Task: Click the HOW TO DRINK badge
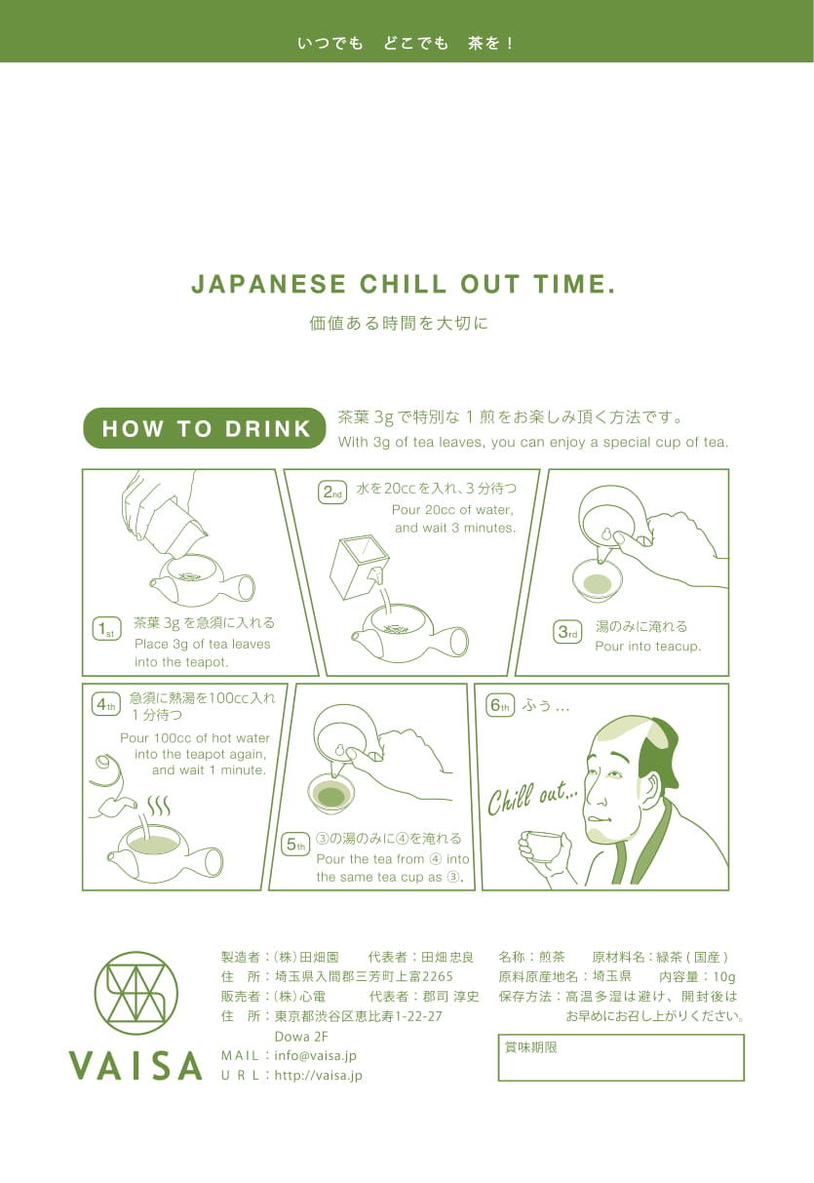click(205, 428)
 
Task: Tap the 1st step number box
click(106, 629)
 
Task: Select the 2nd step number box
click(332, 493)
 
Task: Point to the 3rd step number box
click(567, 632)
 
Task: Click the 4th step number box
click(105, 704)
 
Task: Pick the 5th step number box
click(294, 845)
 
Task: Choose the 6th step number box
click(500, 705)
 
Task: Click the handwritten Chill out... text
click(532, 799)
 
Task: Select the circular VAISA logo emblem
click(136, 993)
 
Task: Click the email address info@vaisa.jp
click(315, 1056)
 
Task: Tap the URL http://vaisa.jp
click(319, 1076)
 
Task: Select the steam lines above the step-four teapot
click(158, 807)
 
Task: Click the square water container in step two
click(359, 568)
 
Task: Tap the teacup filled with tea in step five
click(331, 794)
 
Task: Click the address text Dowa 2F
click(301, 1036)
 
